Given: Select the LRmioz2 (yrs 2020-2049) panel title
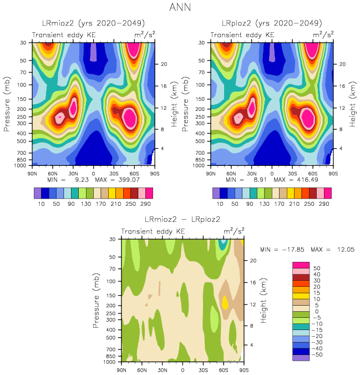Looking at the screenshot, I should click(x=94, y=23).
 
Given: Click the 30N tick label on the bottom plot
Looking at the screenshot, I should click(x=163, y=370).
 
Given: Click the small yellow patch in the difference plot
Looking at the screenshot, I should click(x=225, y=302).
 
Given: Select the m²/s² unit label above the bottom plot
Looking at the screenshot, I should click(x=234, y=231).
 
